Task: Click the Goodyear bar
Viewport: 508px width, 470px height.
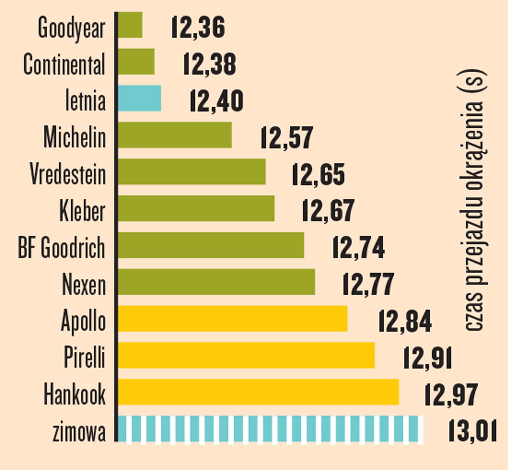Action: (x=130, y=25)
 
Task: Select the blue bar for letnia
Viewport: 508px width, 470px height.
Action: (x=139, y=98)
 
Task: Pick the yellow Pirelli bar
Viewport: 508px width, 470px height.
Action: (x=246, y=355)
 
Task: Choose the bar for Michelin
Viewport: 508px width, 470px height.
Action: (x=175, y=135)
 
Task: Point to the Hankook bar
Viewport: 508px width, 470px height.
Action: (x=258, y=392)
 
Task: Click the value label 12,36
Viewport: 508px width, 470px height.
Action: (x=198, y=27)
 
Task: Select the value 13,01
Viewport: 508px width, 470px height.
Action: (x=472, y=431)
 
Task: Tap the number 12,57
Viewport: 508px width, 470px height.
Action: (x=287, y=137)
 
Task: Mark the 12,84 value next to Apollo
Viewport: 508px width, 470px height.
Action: (x=405, y=321)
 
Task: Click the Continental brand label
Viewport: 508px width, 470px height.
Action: (x=64, y=64)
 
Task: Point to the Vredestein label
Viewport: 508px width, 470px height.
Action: (x=68, y=174)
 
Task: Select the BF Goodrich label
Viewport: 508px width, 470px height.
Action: (x=61, y=248)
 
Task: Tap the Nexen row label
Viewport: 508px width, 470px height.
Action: (x=84, y=284)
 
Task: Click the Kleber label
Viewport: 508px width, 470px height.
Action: (x=82, y=211)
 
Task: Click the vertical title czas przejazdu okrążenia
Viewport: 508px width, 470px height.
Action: (x=473, y=200)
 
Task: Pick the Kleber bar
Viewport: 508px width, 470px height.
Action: (x=196, y=209)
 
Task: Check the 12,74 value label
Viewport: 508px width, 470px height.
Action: (x=359, y=248)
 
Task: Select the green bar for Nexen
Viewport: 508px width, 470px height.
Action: (x=216, y=282)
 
